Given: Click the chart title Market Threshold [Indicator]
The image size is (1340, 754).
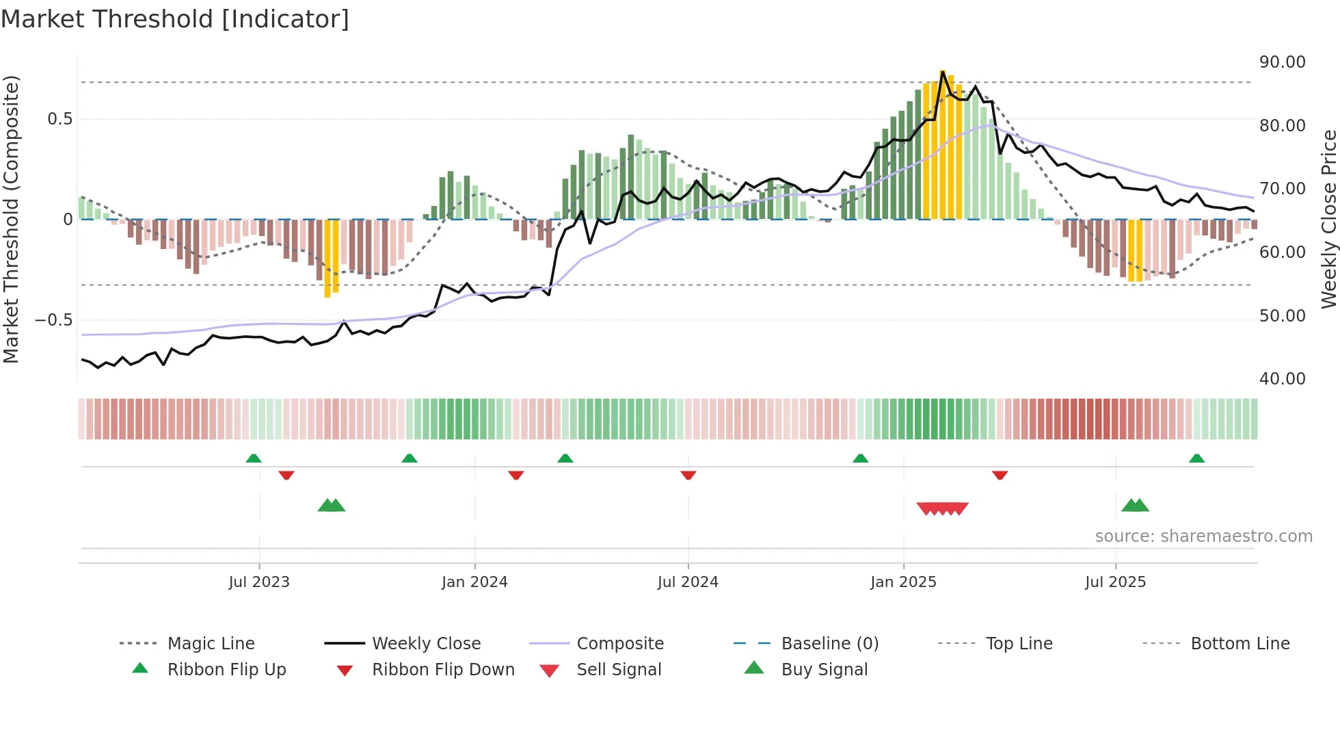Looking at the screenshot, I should (175, 19).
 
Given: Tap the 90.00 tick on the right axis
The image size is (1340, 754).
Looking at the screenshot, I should (1282, 62).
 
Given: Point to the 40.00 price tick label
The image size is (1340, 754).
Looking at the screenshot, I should (1282, 379).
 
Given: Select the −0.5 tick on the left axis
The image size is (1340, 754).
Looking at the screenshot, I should (53, 320).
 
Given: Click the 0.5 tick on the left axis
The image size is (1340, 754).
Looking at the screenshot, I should (59, 119).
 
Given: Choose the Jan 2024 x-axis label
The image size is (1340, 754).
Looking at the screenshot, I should (474, 582).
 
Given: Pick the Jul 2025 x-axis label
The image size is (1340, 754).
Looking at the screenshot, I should (1115, 582).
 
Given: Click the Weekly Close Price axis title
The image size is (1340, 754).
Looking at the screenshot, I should (1328, 219).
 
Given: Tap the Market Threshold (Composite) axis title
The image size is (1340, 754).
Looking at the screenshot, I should (11, 219).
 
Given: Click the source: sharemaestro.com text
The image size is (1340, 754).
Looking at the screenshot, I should (1203, 536).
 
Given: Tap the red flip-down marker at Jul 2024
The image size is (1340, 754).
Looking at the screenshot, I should (688, 475).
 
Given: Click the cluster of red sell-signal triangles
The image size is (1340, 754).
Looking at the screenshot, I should (942, 508).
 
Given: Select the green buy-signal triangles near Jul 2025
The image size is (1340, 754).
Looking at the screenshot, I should (1135, 506).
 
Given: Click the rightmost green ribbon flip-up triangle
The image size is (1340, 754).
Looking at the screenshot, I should (1196, 458).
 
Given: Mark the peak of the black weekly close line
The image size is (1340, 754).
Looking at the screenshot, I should (943, 71).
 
